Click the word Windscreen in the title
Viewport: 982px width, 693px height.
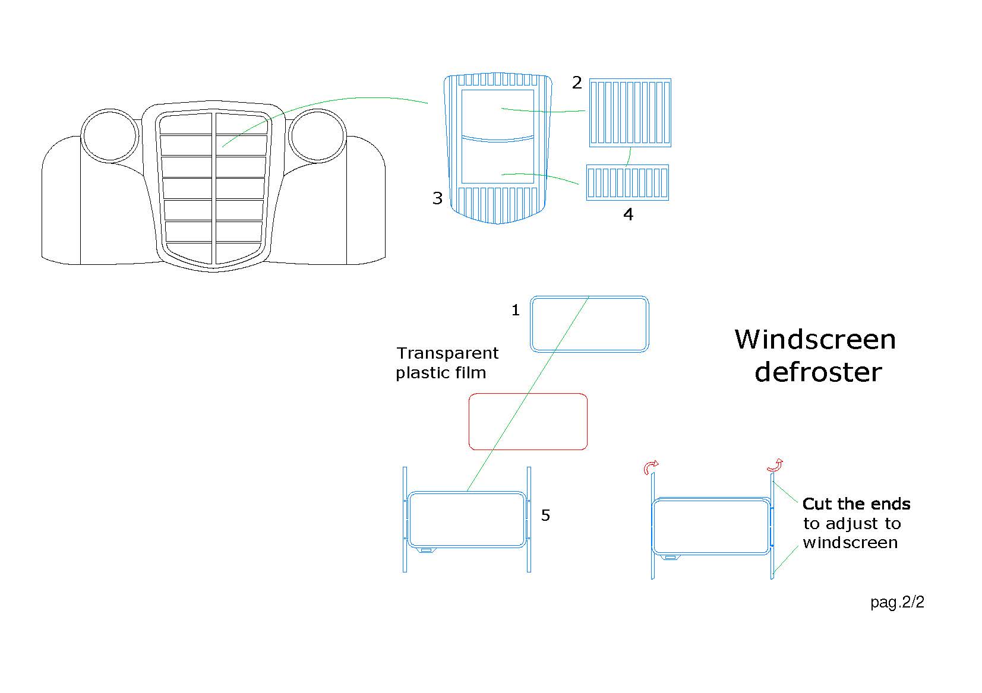tap(815, 340)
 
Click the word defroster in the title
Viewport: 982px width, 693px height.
tap(818, 372)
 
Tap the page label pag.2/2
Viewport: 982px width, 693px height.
tap(897, 602)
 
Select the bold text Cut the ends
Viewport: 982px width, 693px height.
tap(856, 504)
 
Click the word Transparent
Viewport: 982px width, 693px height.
tap(447, 353)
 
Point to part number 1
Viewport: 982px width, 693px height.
tap(516, 310)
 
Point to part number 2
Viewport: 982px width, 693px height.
tap(577, 83)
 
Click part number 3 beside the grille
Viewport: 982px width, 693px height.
tap(438, 198)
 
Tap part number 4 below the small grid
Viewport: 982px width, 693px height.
tap(629, 214)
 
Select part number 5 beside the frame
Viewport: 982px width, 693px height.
tap(545, 515)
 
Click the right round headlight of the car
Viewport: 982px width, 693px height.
tap(317, 135)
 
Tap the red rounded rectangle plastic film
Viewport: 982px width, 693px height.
tap(528, 421)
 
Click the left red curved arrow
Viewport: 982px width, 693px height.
tap(651, 468)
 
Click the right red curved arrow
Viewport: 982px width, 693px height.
tap(776, 465)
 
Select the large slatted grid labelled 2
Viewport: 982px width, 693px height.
tap(630, 113)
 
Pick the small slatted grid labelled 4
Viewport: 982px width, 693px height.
tap(627, 182)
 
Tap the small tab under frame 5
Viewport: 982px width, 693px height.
tap(425, 550)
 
